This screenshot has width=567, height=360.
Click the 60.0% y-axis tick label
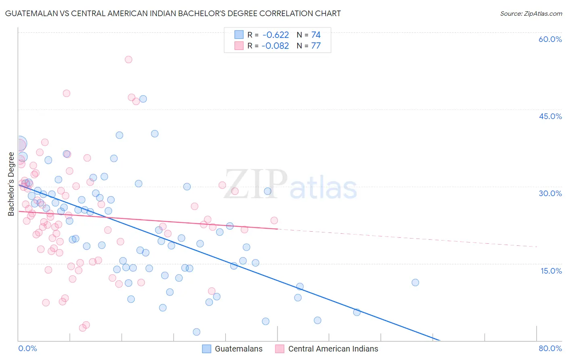(x=550, y=39)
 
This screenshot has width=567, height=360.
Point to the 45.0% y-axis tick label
(x=550, y=116)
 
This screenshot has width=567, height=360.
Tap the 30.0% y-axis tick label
(x=550, y=193)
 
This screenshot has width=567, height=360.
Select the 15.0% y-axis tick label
(x=551, y=271)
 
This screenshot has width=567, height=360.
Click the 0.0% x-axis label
(x=27, y=348)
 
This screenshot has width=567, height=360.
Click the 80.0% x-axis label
(x=550, y=348)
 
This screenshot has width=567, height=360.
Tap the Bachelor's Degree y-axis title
(x=11, y=184)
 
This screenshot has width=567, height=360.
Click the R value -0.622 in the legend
(x=275, y=35)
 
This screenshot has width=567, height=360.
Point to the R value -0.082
(x=275, y=46)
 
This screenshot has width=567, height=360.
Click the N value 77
(x=316, y=46)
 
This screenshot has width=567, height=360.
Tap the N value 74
(x=316, y=35)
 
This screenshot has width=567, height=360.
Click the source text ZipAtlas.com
(x=531, y=14)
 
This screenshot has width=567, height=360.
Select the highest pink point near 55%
(x=128, y=59)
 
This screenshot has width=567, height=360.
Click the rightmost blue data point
(x=415, y=283)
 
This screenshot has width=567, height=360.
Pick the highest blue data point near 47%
(x=143, y=99)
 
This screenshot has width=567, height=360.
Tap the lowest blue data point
(x=196, y=332)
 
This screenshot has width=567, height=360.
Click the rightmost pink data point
(x=274, y=220)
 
